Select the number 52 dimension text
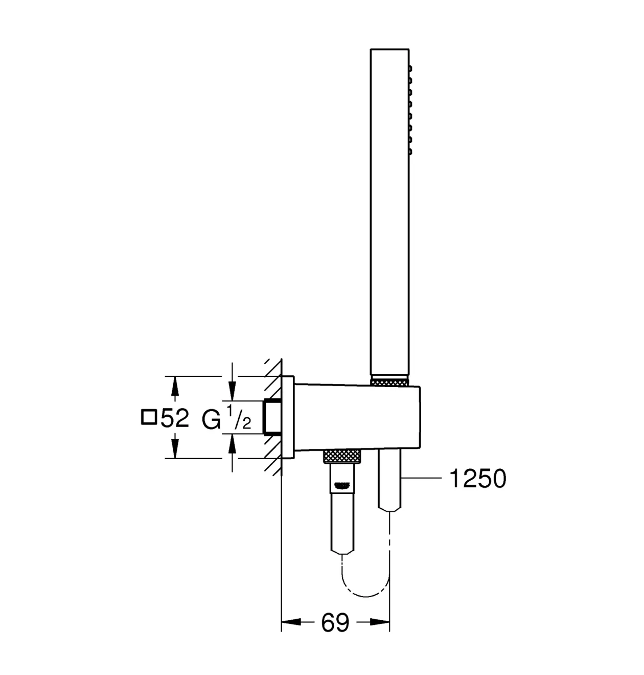pos(175,418)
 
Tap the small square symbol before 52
pos(149,417)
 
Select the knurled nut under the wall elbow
pos(342,456)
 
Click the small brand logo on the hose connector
pos(341,485)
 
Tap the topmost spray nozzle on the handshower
pos(410,69)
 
